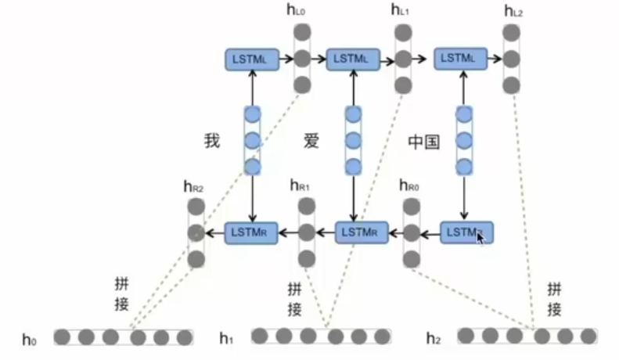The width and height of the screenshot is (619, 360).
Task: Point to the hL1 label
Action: click(401, 11)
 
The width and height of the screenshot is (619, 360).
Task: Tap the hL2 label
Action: click(513, 12)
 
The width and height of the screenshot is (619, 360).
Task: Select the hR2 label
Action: click(193, 186)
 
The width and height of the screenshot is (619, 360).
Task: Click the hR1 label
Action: click(300, 186)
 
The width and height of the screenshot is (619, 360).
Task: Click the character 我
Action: click(212, 141)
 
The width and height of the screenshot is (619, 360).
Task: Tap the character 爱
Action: click(312, 141)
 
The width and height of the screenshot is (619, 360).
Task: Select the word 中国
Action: click(424, 142)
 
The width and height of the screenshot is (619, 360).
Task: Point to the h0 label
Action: click(30, 340)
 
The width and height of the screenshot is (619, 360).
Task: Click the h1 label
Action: click(227, 339)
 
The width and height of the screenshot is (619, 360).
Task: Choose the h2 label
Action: click(434, 339)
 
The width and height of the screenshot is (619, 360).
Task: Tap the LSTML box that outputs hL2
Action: click(460, 58)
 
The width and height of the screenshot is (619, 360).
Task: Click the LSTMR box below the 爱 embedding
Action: click(362, 232)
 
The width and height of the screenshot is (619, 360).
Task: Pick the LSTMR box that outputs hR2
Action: click(252, 232)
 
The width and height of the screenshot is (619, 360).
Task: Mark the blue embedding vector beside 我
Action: click(252, 141)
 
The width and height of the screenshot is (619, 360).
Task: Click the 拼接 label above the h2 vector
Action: click(554, 298)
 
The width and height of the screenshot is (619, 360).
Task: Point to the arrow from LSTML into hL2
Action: click(494, 58)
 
